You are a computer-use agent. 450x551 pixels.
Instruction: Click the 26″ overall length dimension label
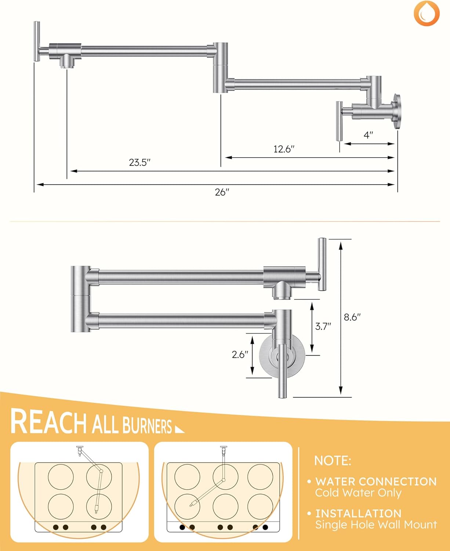(222, 192)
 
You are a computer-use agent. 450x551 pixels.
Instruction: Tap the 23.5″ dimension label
(140, 162)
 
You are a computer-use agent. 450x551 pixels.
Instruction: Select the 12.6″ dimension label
(284, 149)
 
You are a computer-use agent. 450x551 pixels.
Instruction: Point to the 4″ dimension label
(369, 135)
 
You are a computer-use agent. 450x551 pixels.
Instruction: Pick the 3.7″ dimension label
(323, 326)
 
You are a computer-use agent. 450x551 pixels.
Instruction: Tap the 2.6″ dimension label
(240, 354)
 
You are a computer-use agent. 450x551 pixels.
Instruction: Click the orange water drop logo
(427, 13)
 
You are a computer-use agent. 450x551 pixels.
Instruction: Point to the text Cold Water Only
(358, 493)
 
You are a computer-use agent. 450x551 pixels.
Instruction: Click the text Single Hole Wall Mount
(376, 525)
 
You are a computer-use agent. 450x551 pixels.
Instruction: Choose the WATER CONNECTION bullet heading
(376, 481)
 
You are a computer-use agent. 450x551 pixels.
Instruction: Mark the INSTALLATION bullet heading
(358, 513)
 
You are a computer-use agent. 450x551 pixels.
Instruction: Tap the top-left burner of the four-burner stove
(61, 477)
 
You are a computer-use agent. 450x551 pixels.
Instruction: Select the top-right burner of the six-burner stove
(260, 477)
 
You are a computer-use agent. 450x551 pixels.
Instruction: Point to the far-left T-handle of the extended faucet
(37, 41)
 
